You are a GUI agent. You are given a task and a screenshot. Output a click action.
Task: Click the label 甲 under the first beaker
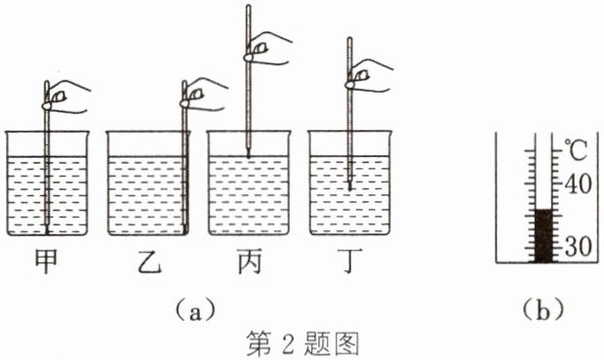[x=46, y=261]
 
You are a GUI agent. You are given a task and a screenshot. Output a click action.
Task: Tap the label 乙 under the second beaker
[x=149, y=261]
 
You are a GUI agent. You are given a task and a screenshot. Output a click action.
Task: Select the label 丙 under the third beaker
[x=250, y=261]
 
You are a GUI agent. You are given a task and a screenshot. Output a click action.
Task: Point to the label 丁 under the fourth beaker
[x=349, y=261]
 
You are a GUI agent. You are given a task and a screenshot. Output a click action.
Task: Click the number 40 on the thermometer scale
[x=578, y=184]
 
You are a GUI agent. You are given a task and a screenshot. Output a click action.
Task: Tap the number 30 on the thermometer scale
[x=578, y=246]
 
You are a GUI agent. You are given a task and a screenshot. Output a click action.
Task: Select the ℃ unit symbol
[x=577, y=150]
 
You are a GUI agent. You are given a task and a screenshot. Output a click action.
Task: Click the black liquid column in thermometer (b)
[x=544, y=236]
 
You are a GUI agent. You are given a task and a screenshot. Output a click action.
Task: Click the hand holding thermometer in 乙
[x=203, y=95]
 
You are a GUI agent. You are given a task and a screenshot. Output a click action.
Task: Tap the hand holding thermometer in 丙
[x=266, y=48]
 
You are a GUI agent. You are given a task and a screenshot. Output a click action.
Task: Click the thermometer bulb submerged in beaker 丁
[x=349, y=185]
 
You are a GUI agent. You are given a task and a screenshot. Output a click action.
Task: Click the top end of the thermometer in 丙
[x=249, y=6]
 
